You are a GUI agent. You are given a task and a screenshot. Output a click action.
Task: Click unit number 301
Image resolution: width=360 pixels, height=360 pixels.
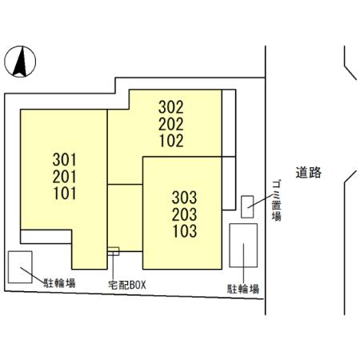(x=64, y=158)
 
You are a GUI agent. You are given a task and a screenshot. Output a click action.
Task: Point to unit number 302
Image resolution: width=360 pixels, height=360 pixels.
(x=170, y=107)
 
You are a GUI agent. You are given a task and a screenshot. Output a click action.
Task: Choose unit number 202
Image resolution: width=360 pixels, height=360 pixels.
(x=170, y=124)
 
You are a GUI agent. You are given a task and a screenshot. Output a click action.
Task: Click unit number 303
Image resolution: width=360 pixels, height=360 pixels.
(x=183, y=197)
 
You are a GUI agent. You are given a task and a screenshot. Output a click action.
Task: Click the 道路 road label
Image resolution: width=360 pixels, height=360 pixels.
(x=307, y=172)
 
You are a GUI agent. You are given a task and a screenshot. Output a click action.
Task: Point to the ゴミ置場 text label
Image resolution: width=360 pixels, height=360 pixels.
(x=275, y=200)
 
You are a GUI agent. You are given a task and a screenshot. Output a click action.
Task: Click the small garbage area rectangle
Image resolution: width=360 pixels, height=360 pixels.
(x=247, y=206)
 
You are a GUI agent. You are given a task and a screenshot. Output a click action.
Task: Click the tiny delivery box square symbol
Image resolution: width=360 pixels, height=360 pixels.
(x=114, y=251)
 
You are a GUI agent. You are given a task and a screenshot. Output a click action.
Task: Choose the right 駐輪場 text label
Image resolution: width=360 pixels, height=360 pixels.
(x=242, y=289)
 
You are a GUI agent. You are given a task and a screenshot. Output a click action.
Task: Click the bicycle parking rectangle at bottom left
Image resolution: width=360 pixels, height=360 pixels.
(x=20, y=266)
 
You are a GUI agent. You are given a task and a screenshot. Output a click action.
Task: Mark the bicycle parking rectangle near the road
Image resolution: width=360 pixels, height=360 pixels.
(x=243, y=246)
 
